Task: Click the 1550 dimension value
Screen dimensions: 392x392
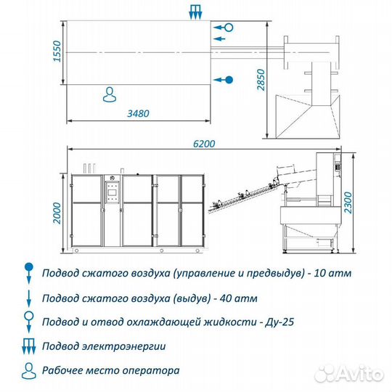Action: point(57,52)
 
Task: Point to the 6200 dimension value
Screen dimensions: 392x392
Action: point(204,144)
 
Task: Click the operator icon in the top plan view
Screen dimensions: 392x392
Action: point(110,94)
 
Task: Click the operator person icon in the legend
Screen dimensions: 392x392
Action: point(28,369)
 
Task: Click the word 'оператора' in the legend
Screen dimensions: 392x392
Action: point(152,370)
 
